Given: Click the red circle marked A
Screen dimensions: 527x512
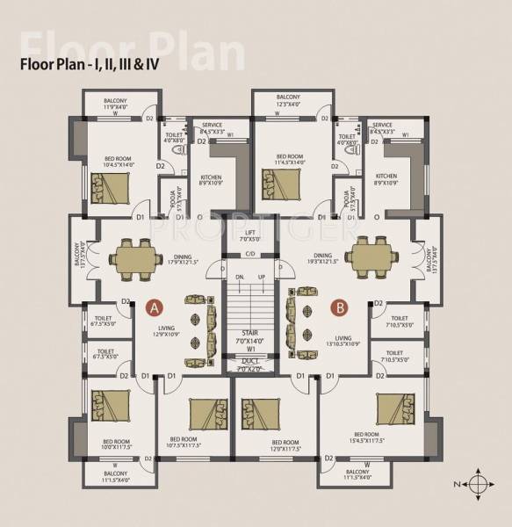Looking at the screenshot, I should coord(155,308).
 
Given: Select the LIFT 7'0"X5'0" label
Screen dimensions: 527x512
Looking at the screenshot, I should coord(250,235).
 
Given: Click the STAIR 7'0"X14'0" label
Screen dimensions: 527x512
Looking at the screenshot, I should coord(250,339).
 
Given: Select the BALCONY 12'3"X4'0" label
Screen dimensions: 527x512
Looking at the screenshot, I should coord(287,102).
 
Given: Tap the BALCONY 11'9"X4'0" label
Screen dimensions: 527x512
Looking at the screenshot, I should coord(115,105).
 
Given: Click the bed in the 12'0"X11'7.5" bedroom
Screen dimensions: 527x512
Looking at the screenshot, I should coord(258,413).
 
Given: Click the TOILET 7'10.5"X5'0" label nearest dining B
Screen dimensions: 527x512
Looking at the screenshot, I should coord(400,321).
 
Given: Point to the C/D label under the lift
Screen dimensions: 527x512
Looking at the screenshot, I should coord(250,255).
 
